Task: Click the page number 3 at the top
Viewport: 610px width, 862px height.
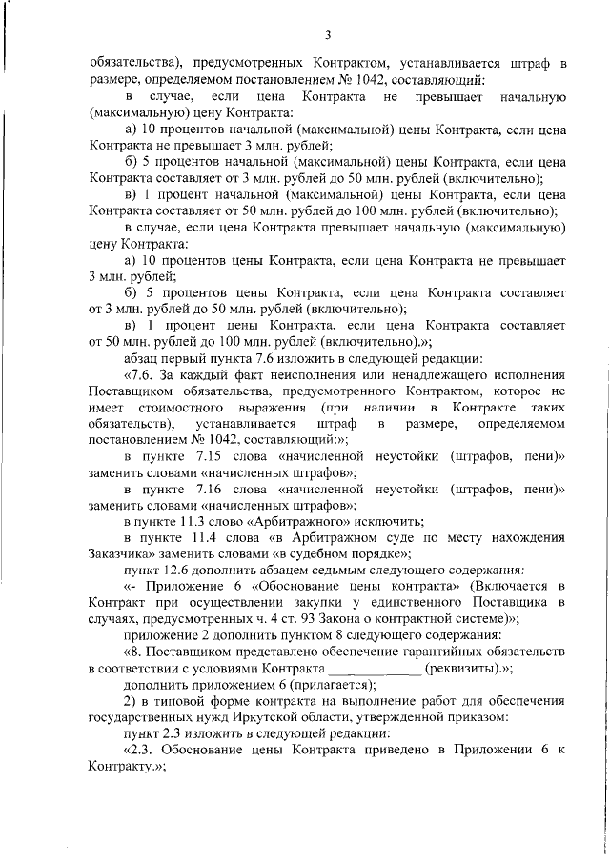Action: tap(327, 36)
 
